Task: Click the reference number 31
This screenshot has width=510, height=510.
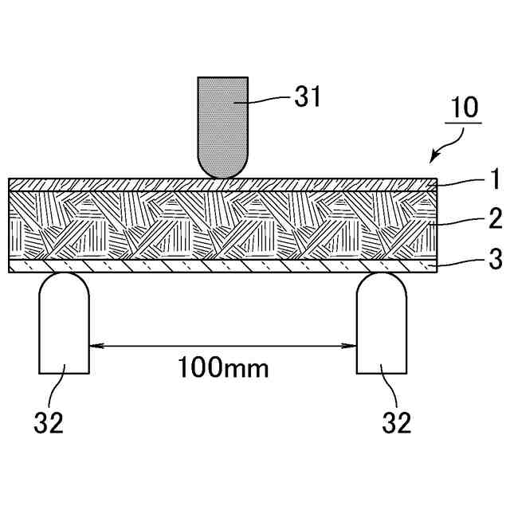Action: click(308, 96)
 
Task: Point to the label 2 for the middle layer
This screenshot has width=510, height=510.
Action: click(496, 218)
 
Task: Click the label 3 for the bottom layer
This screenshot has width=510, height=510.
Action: click(496, 259)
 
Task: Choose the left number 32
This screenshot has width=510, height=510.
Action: click(49, 422)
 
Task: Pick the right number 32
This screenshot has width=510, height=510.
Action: click(397, 422)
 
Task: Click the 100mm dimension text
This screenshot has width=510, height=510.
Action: click(224, 367)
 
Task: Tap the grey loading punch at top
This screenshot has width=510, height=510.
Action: click(223, 127)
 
